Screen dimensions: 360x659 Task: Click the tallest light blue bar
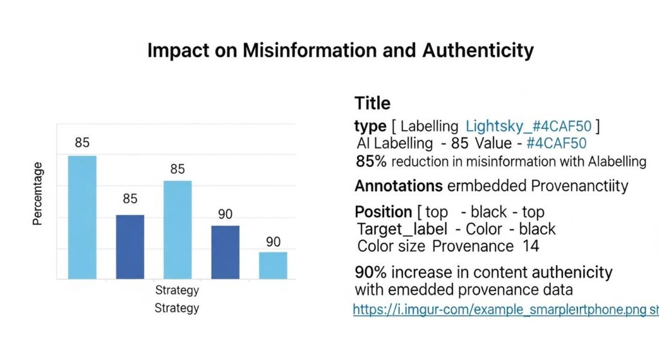coord(82,217)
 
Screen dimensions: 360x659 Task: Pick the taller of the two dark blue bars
coord(130,247)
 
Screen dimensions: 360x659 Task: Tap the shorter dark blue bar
coord(225,252)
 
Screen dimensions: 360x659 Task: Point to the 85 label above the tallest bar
coord(82,143)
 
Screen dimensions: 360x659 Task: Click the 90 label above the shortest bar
coord(273,242)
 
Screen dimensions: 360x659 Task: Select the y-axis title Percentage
coord(38,194)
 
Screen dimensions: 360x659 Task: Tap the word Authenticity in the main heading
coord(478,51)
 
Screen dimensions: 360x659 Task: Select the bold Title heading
coord(372,103)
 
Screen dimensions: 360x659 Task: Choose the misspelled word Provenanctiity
coord(579,186)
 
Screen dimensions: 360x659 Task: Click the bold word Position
coord(383,212)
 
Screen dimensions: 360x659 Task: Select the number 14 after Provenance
coord(531,245)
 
